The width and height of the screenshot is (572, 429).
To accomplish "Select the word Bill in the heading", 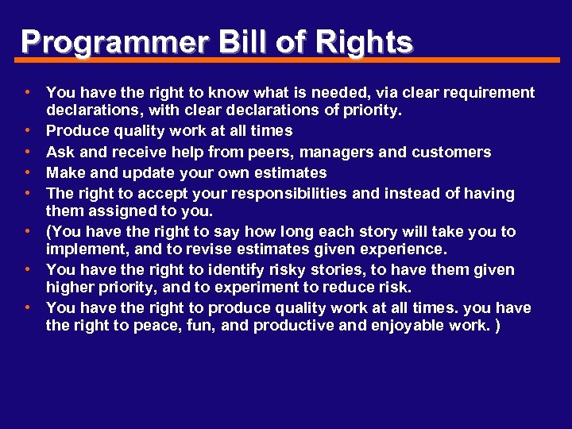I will point(239,41).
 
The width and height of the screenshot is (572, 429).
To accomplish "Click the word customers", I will point(453,152).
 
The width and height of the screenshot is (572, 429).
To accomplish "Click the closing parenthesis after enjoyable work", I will point(497,325).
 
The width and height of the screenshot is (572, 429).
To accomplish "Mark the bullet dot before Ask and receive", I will point(27,151).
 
